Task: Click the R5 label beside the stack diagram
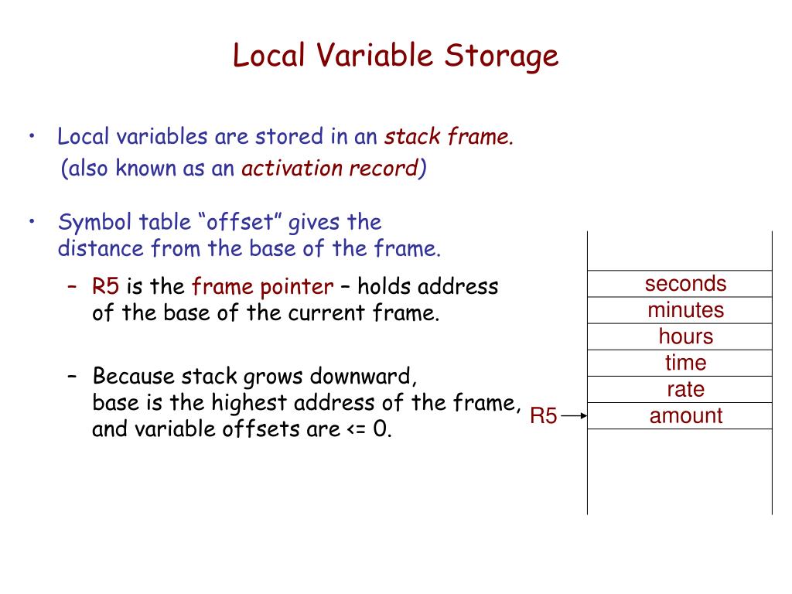(x=543, y=417)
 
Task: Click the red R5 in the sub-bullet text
(x=106, y=287)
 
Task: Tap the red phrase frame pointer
(x=262, y=287)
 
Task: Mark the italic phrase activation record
(x=330, y=169)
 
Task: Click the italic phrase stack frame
(x=449, y=138)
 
